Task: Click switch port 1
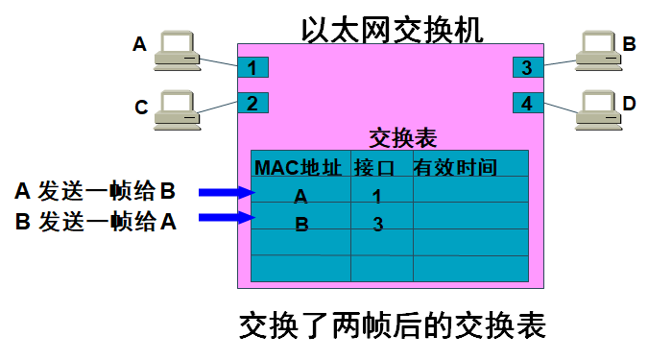coord(252,67)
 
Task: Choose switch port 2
coord(252,103)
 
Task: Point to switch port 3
coord(527,67)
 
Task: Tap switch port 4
coord(527,103)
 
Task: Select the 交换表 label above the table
coord(403,137)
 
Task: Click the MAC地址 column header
coord(299,168)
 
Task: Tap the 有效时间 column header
coord(455,168)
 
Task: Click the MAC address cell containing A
coord(300,196)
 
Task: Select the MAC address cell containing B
coord(300,225)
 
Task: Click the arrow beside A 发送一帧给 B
coord(225,193)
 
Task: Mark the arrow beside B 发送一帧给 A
coord(225,221)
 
